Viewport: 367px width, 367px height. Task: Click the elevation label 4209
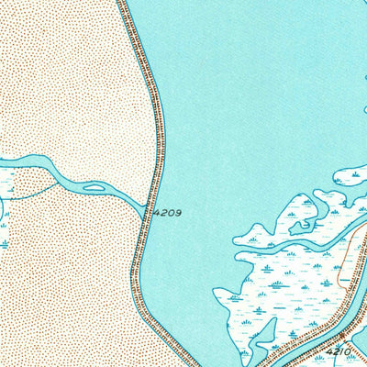pyautogui.click(x=167, y=212)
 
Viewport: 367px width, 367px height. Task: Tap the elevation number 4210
pyautogui.click(x=338, y=351)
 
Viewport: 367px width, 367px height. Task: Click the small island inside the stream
pyautogui.click(x=94, y=189)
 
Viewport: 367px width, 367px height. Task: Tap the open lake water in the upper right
pyautogui.click(x=275, y=73)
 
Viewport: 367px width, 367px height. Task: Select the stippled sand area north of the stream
pyautogui.click(x=64, y=83)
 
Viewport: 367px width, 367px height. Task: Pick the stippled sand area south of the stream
pyautogui.click(x=64, y=284)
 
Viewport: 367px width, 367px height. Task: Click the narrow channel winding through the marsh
pyautogui.click(x=275, y=246)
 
